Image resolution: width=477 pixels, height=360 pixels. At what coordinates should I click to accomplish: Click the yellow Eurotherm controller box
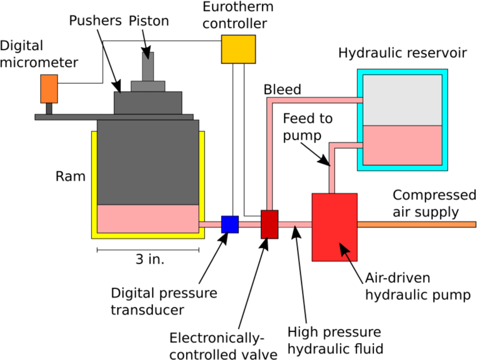pos(238,49)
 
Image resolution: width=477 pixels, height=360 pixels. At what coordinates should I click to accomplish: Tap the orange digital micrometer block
pos(49,89)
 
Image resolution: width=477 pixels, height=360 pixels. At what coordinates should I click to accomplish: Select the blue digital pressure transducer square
pos(230,224)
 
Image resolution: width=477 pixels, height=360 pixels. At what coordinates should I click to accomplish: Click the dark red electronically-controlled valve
pos(270,224)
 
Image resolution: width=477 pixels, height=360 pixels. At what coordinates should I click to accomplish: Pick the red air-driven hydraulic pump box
pos(334,227)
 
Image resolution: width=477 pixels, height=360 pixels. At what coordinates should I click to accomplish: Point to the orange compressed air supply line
pos(416,224)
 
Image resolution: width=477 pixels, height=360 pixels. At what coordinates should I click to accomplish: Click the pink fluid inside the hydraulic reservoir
pos(402,145)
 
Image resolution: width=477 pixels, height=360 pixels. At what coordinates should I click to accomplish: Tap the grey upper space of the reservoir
pos(402,100)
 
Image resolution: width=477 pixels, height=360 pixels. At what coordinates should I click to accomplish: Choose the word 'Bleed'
pos(282,90)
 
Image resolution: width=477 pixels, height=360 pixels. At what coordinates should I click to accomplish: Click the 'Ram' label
pos(71,175)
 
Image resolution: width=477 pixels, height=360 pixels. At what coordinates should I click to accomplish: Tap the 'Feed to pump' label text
pos(308,127)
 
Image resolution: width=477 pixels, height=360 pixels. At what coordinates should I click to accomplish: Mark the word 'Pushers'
pos(95,21)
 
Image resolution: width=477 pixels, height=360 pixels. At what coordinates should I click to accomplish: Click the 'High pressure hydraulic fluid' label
pos(335,341)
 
